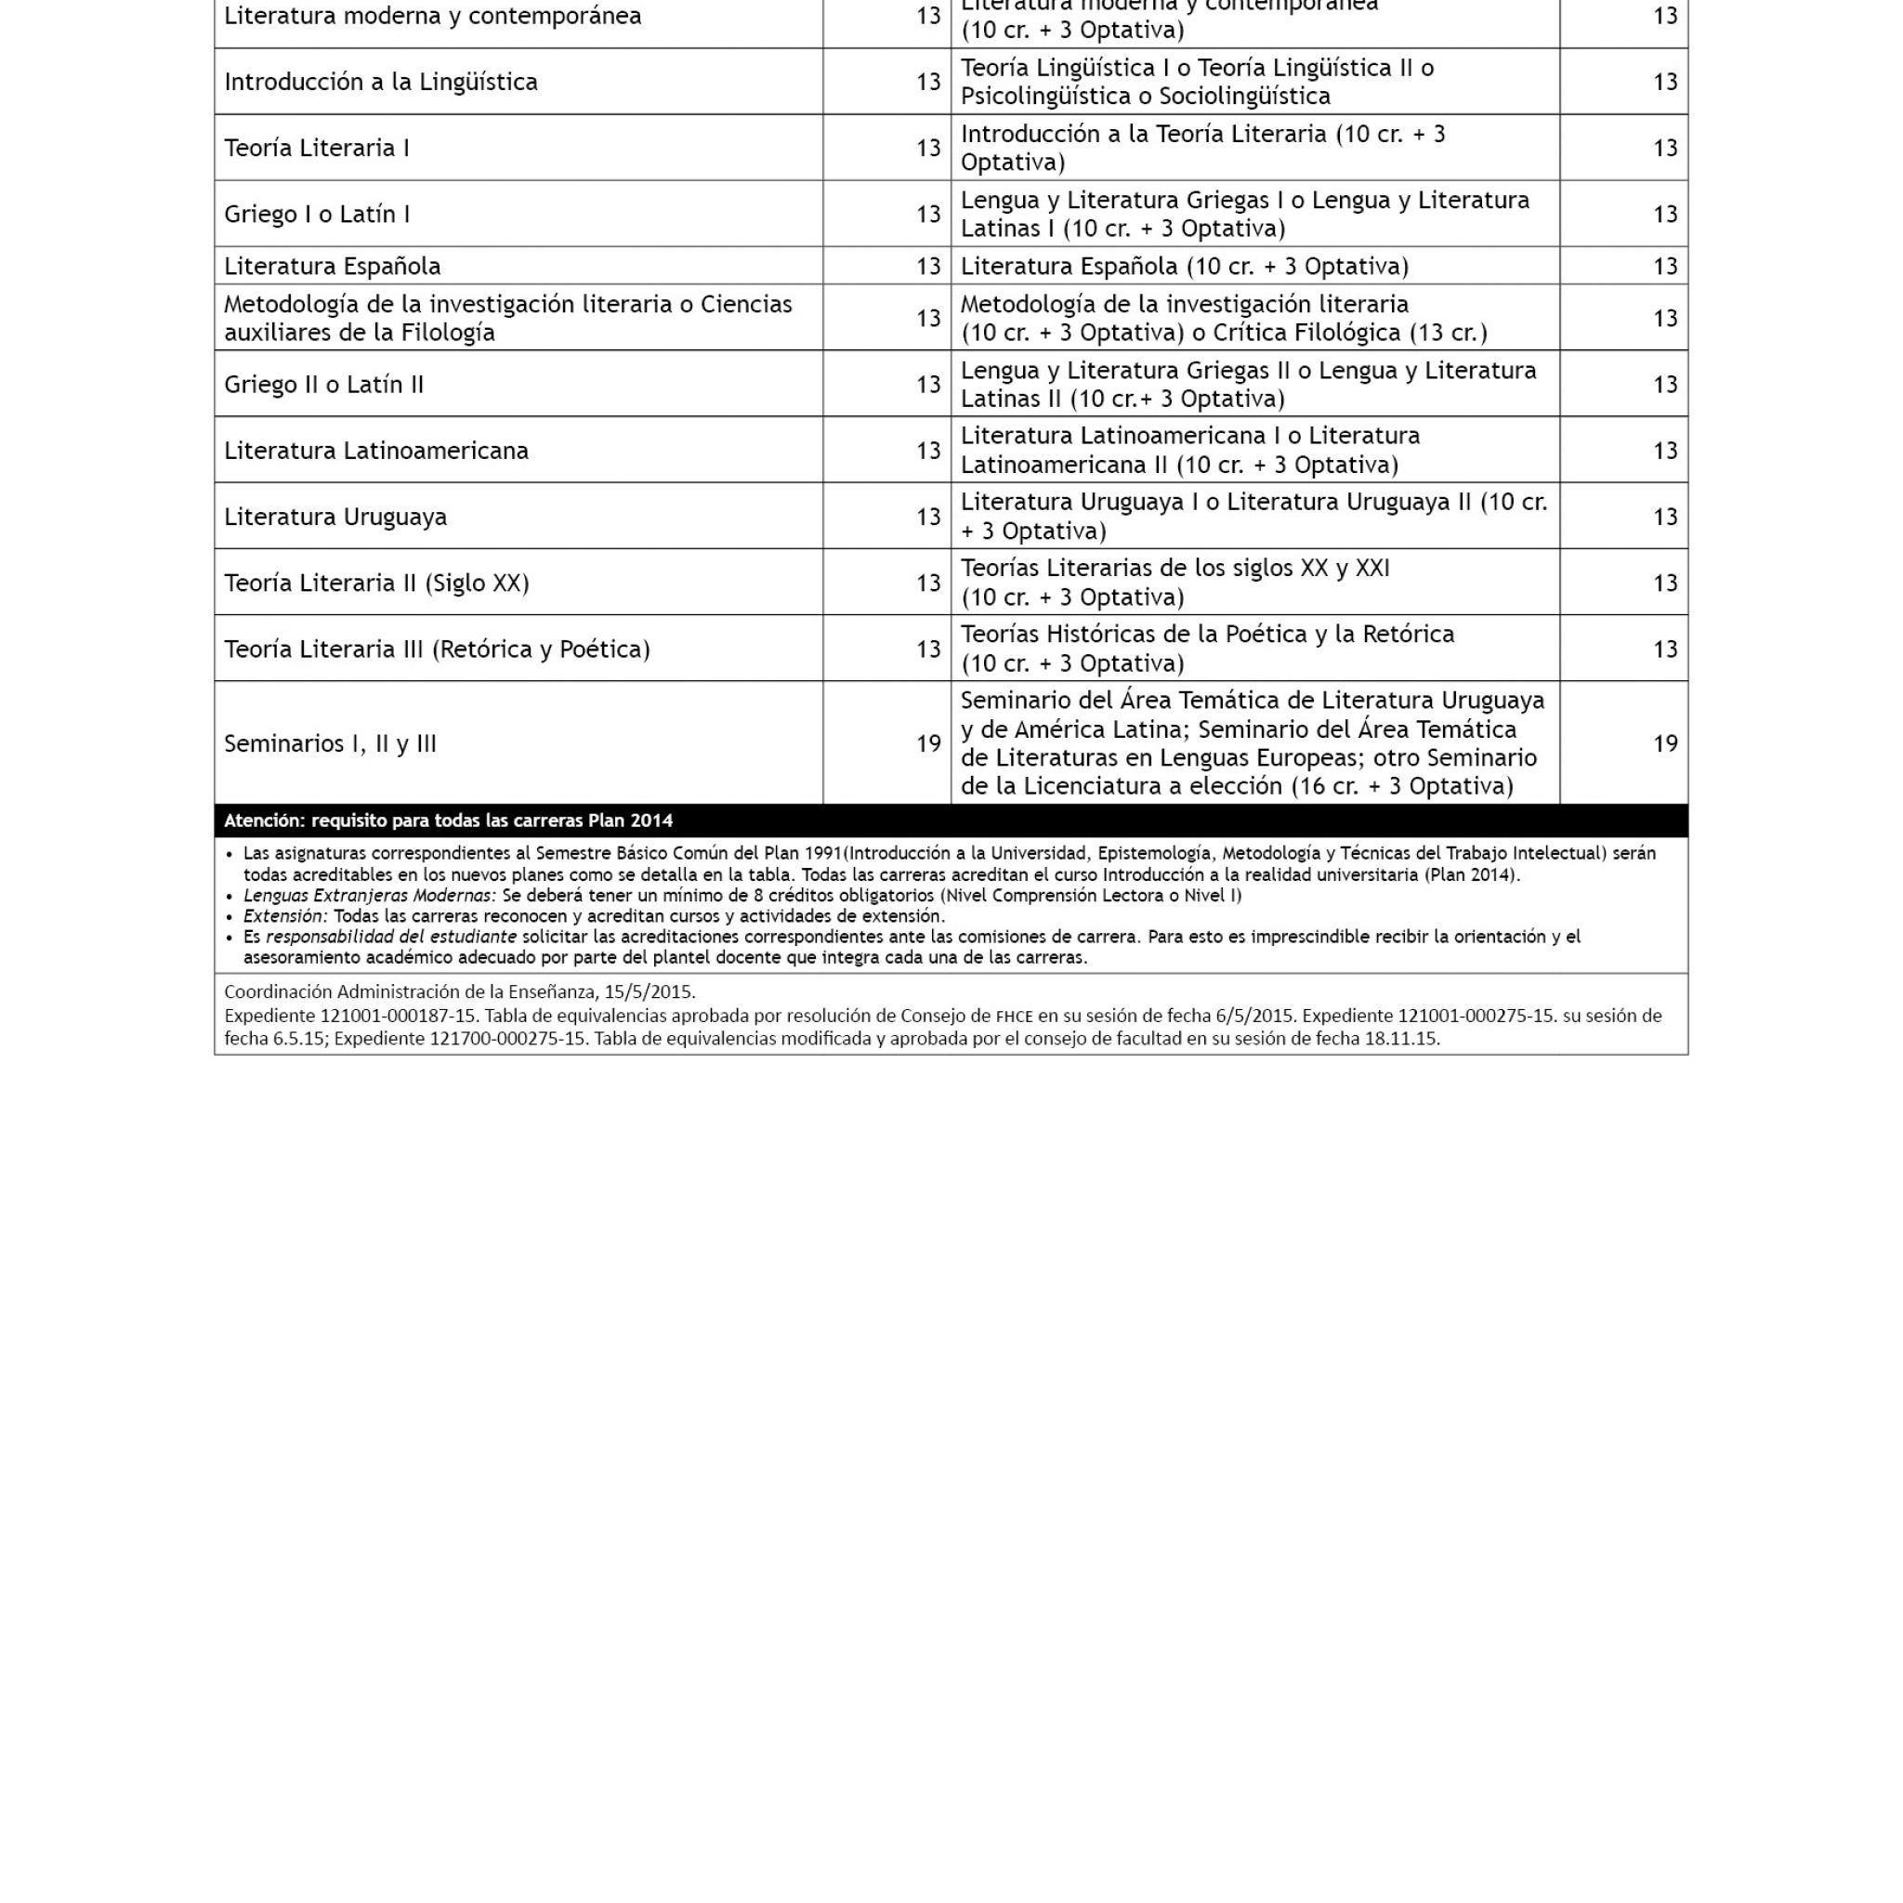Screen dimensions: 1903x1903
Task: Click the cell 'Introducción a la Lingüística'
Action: pos(380,82)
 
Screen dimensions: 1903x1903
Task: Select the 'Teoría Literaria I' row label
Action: pos(316,148)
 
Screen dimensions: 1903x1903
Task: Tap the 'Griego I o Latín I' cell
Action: pos(316,214)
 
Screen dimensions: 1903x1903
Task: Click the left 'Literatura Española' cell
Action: pos(332,266)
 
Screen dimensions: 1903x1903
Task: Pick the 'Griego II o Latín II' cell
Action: pos(323,384)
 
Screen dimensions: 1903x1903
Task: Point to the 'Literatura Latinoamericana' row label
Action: pos(375,450)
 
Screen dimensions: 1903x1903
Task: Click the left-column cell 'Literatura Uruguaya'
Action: pos(335,516)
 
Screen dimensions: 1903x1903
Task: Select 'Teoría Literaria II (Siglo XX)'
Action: pos(376,582)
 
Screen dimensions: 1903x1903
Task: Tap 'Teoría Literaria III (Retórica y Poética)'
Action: pos(437,649)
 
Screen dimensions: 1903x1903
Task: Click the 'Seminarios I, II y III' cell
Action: pos(330,742)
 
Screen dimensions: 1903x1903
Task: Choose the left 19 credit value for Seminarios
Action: pos(928,742)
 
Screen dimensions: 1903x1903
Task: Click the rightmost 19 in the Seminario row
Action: pos(1664,742)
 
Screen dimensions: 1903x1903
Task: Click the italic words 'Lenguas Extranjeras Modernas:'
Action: pos(370,896)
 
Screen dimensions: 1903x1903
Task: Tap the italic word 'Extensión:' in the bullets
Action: pos(284,916)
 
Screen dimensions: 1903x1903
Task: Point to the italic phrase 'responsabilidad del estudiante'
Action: pos(391,937)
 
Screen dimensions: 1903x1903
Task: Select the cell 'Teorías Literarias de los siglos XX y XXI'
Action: pos(1175,569)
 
